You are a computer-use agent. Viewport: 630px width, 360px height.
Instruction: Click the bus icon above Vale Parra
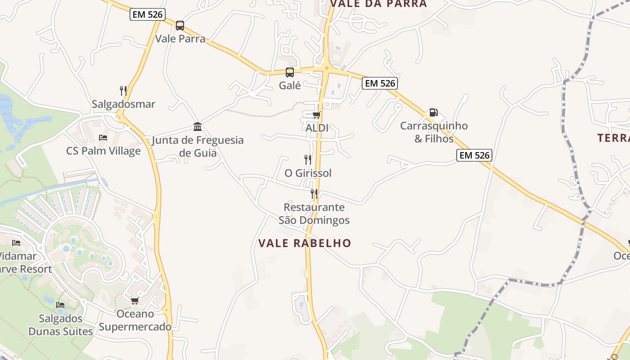pos(180,26)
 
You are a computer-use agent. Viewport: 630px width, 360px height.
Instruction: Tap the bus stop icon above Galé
pos(290,72)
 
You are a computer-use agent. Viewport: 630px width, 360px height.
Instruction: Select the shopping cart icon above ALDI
pos(317,115)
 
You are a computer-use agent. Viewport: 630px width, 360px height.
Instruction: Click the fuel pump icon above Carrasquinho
pos(434,112)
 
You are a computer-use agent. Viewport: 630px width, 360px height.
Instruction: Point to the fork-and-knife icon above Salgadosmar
pos(123,91)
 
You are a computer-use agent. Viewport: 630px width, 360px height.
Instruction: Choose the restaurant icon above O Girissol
pos(308,159)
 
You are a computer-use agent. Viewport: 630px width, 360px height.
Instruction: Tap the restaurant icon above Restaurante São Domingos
pos(314,194)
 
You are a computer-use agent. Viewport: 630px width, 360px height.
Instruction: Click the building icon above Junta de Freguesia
pos(198,126)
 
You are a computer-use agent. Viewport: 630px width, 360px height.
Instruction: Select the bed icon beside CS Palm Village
pos(103,137)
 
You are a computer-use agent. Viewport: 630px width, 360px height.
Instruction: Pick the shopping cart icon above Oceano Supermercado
pos(135,301)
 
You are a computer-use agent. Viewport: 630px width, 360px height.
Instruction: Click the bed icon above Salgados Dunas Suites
pos(60,305)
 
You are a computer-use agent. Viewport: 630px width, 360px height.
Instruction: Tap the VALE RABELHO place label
pos(305,243)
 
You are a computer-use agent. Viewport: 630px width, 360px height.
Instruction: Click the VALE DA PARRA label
pos(378,4)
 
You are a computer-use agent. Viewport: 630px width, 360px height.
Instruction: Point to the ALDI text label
pos(317,128)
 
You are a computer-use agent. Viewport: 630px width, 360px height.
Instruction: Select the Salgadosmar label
pos(123,104)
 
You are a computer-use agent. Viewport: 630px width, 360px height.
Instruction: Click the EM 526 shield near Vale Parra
pos(148,14)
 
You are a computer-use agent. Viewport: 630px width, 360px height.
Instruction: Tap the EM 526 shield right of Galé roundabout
pos(380,83)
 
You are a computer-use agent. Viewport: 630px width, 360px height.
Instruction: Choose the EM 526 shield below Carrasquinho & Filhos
pos(474,155)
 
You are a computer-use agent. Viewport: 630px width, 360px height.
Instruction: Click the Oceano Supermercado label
pos(135,320)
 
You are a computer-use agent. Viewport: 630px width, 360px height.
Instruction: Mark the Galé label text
pos(290,85)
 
